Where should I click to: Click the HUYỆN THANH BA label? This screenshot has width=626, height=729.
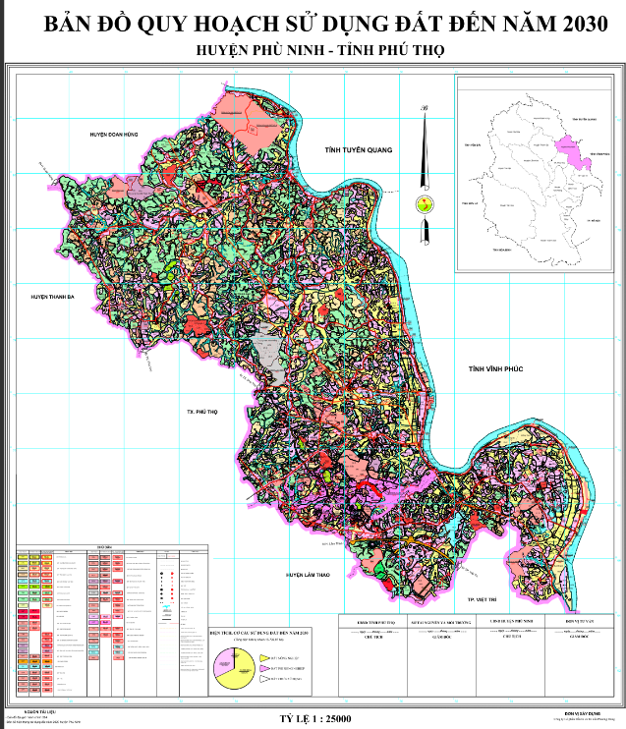53,296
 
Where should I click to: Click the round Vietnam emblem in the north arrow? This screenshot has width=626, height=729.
425,206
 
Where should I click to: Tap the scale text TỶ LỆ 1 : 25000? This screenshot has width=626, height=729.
314,719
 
